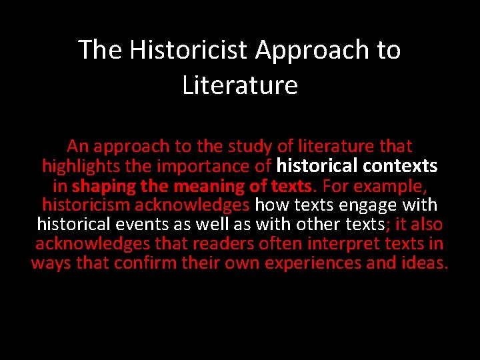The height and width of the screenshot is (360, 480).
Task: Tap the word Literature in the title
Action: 240,85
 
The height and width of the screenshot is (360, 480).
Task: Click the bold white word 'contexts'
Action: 402,165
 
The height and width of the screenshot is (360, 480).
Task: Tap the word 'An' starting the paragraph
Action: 77,146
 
